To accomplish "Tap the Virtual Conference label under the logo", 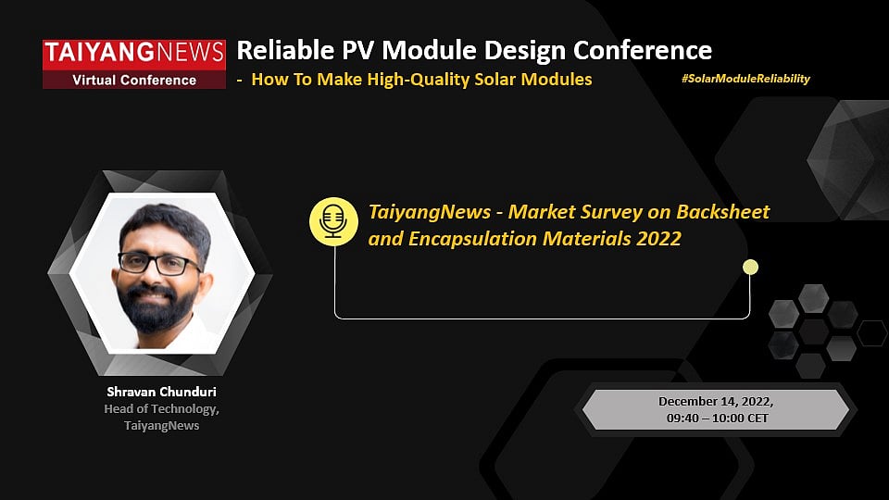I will [x=134, y=80].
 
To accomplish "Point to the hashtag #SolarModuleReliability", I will [x=745, y=79].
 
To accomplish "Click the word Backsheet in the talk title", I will [x=724, y=211].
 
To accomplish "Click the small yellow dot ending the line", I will [x=750, y=268].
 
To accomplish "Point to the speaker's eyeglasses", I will [x=159, y=263].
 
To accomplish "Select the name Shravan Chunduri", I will [x=161, y=392].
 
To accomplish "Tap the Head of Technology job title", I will [x=161, y=408].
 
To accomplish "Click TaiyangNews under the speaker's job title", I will [x=161, y=425].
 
